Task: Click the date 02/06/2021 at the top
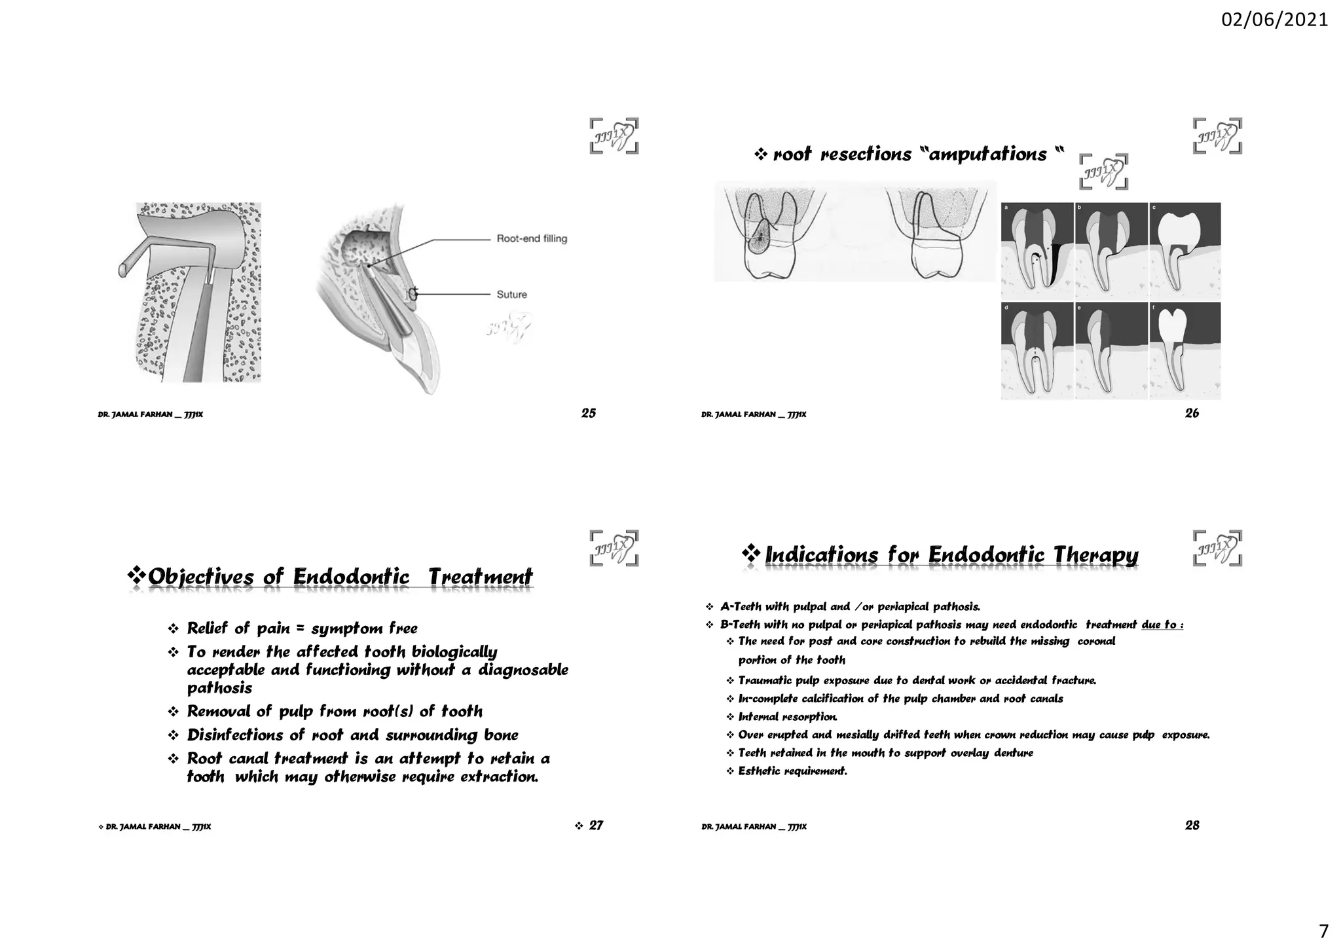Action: (x=1274, y=20)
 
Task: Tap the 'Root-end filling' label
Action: (x=532, y=239)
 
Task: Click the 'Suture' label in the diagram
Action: (x=511, y=295)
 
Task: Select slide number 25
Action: (x=588, y=413)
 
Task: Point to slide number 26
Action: (x=1192, y=413)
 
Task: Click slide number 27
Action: (x=596, y=826)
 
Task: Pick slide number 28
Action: (x=1192, y=826)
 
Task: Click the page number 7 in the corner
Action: (x=1323, y=931)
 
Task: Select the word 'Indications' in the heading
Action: (x=821, y=555)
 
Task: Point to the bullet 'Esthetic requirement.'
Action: (x=792, y=771)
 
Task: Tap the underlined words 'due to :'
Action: (x=1162, y=625)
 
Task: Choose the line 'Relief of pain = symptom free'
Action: (x=302, y=629)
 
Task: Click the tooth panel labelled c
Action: (x=1185, y=251)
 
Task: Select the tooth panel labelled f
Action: (x=1185, y=350)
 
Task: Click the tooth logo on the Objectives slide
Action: (x=614, y=548)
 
